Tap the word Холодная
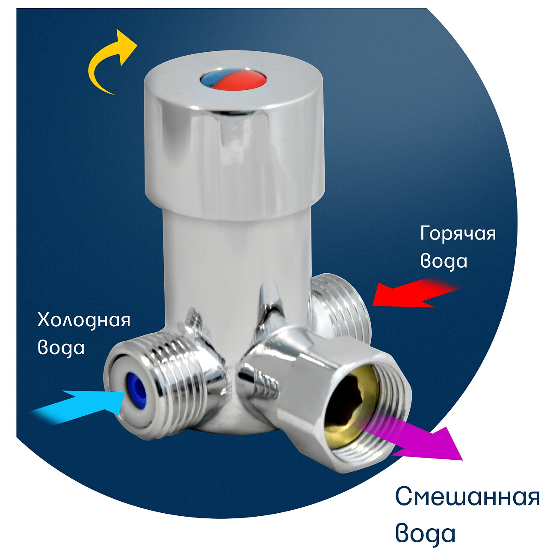coord(84,321)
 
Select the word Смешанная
coord(467,496)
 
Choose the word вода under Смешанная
coord(425,534)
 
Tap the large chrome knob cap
coord(234,136)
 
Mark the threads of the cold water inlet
coord(179,384)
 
